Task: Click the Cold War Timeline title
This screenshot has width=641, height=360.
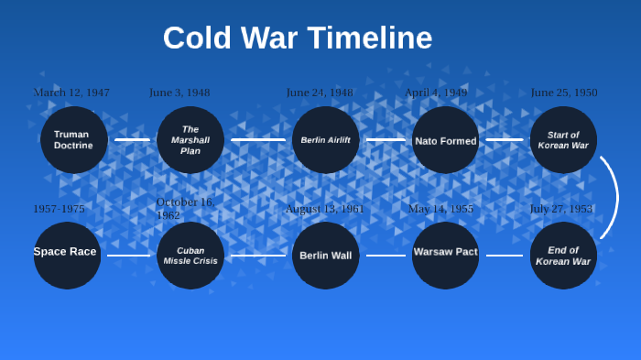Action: [x=298, y=38]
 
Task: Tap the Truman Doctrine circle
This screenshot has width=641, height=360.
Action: [x=73, y=140]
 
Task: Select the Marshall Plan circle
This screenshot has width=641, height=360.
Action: [x=190, y=140]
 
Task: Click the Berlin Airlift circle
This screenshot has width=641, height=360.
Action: [x=326, y=140]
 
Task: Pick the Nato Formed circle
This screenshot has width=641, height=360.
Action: [x=445, y=140]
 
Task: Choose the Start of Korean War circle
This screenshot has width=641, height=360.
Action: [x=563, y=140]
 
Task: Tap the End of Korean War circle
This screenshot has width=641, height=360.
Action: [x=563, y=256]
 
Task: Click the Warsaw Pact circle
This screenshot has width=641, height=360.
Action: [x=445, y=256]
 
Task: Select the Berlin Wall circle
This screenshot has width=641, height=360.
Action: [x=326, y=256]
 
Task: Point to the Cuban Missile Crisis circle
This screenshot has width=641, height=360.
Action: [x=190, y=256]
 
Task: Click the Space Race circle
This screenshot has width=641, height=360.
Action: [x=67, y=256]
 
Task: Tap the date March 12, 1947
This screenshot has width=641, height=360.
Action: [x=71, y=93]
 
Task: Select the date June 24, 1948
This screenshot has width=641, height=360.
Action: [x=320, y=93]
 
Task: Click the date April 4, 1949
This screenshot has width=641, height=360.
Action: [x=436, y=93]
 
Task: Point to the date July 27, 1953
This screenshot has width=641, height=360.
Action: [x=560, y=209]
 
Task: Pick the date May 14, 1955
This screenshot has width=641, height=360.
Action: [x=440, y=209]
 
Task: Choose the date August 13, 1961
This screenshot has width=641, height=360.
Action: [x=324, y=209]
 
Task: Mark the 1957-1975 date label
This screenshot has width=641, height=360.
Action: [x=59, y=209]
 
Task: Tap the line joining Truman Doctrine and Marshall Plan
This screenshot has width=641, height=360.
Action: [x=133, y=140]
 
